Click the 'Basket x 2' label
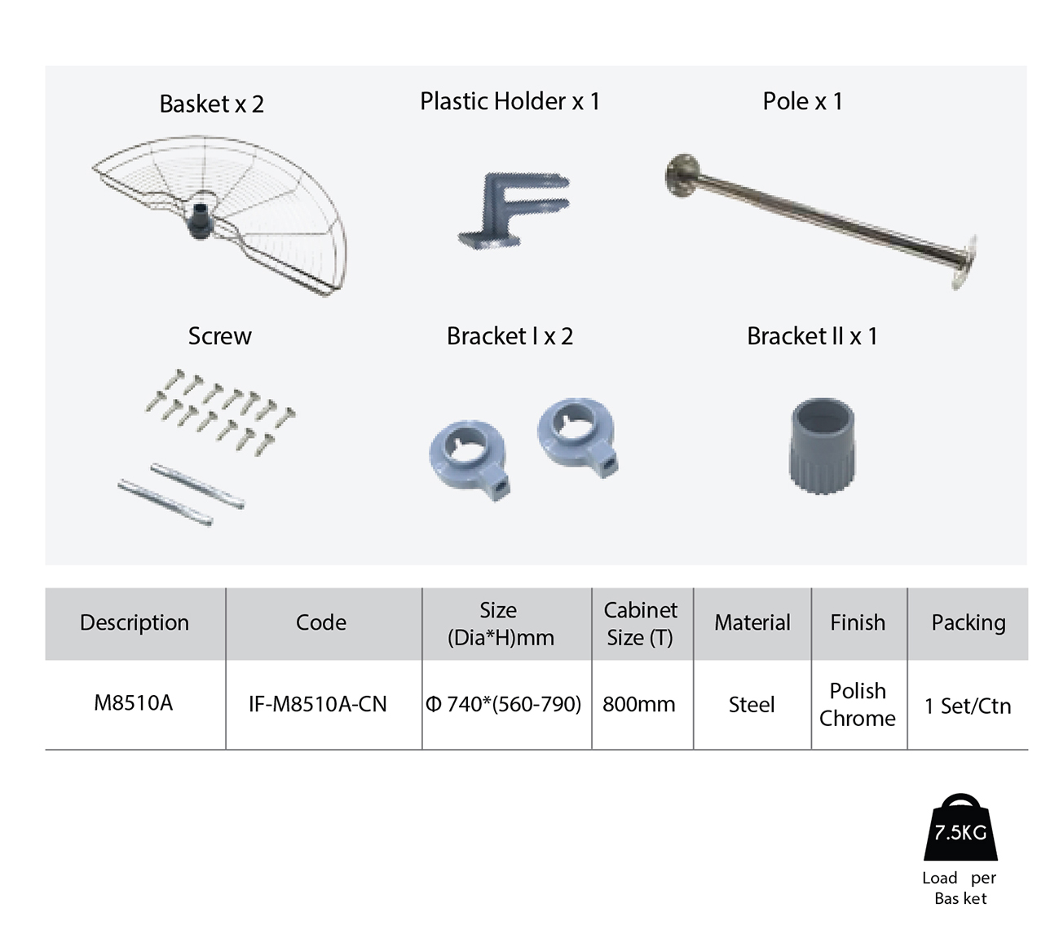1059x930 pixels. click(211, 104)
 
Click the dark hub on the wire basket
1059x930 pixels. click(199, 219)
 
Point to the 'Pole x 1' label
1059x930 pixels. click(802, 101)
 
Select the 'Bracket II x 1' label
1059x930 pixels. click(812, 336)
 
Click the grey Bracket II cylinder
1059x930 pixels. click(822, 445)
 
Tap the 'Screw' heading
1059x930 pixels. click(219, 336)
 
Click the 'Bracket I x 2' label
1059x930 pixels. click(510, 336)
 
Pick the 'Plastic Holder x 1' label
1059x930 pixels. click(510, 101)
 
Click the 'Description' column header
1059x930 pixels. click(135, 622)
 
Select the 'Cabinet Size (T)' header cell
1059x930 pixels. click(640, 623)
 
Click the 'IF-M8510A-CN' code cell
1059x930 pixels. click(317, 704)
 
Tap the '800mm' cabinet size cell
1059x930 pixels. click(639, 704)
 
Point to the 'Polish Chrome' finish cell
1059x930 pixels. click(858, 705)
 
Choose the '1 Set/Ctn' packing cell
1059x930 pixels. click(968, 706)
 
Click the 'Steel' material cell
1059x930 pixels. click(752, 705)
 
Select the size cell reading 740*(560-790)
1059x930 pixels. click(503, 704)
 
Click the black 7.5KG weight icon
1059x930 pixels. click(960, 827)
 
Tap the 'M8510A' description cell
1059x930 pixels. click(133, 702)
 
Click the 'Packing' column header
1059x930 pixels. click(968, 622)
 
